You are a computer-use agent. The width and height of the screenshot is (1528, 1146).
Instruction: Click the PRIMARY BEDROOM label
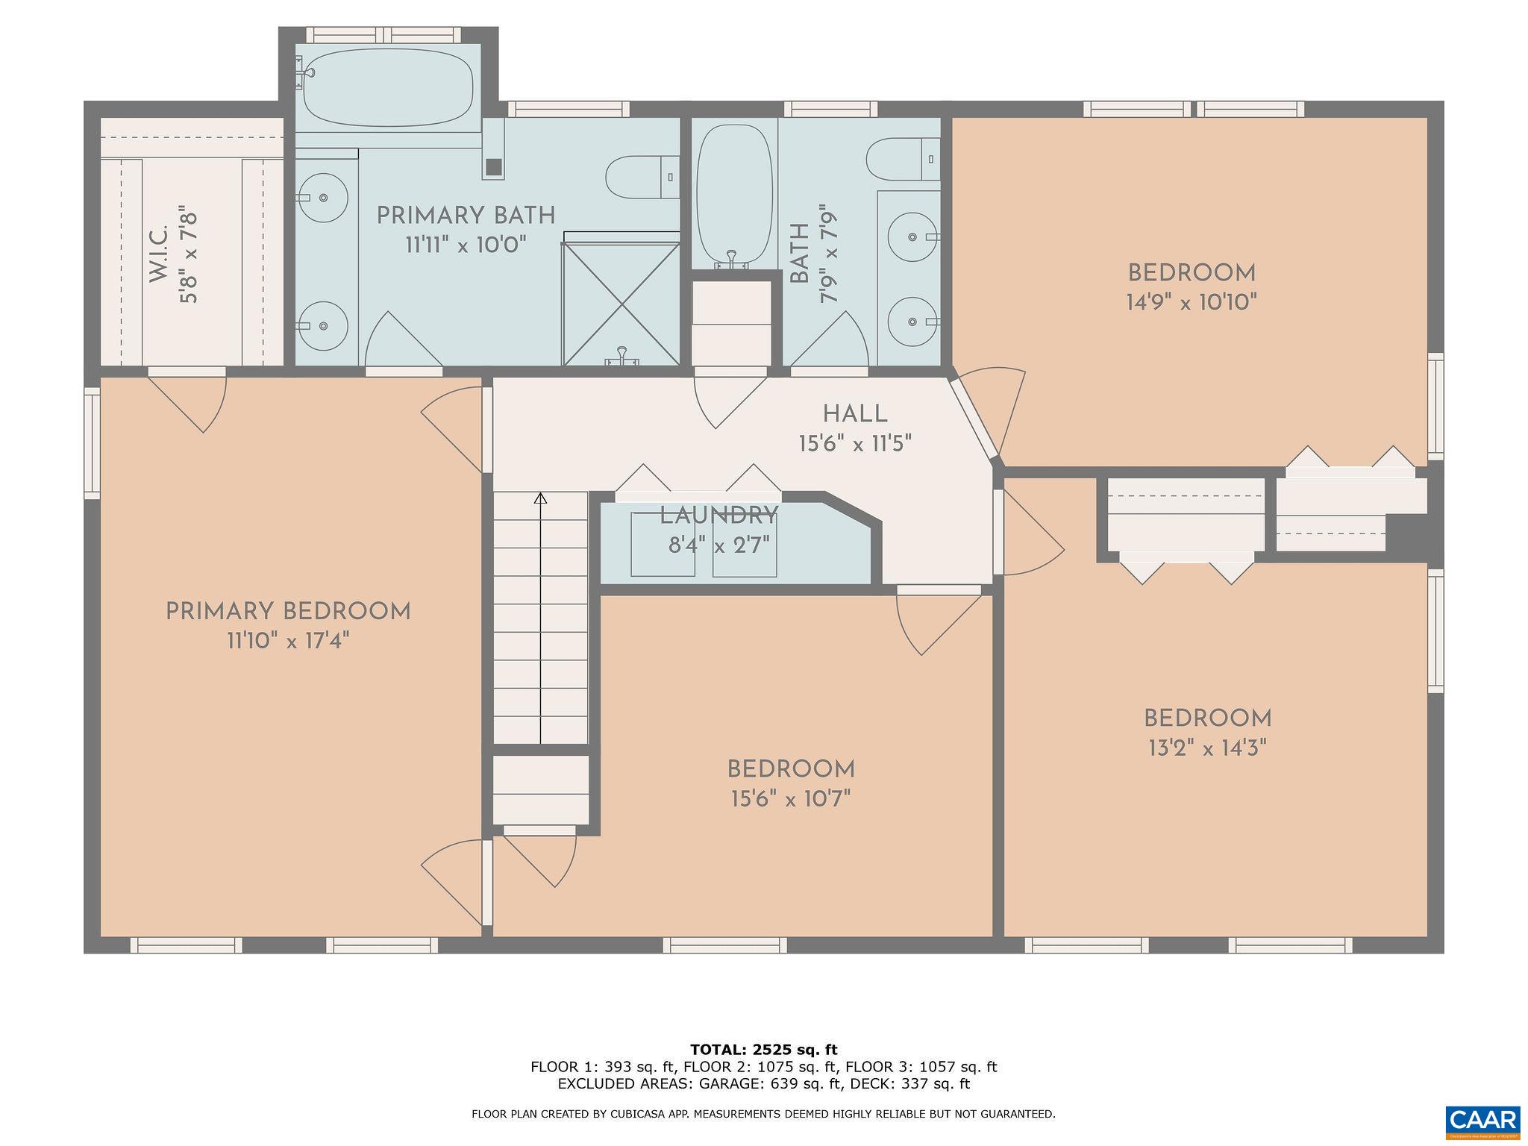point(288,612)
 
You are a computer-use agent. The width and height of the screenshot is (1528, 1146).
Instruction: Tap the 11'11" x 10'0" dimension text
point(466,245)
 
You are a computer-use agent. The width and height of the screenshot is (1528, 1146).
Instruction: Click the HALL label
point(855,414)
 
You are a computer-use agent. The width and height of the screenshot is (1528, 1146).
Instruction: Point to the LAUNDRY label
point(718,516)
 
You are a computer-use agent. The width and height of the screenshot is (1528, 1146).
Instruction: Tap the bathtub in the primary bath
point(388,88)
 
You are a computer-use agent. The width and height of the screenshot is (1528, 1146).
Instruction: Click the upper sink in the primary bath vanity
point(322,198)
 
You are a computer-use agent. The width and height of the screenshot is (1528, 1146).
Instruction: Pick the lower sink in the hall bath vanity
point(912,322)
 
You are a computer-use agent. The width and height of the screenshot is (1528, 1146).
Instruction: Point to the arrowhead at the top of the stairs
point(541,498)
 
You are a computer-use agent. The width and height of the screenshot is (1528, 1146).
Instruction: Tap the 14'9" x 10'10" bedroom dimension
point(1192,302)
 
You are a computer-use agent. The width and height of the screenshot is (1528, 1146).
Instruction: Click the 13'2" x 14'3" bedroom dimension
point(1207,748)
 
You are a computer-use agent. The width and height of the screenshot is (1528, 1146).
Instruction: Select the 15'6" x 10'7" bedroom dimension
point(791,799)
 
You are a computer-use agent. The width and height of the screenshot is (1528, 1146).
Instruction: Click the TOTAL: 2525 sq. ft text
point(763,1050)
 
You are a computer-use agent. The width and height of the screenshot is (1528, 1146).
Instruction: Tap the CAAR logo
point(1483,1121)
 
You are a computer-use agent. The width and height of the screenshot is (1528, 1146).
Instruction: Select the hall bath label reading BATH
point(799,254)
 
